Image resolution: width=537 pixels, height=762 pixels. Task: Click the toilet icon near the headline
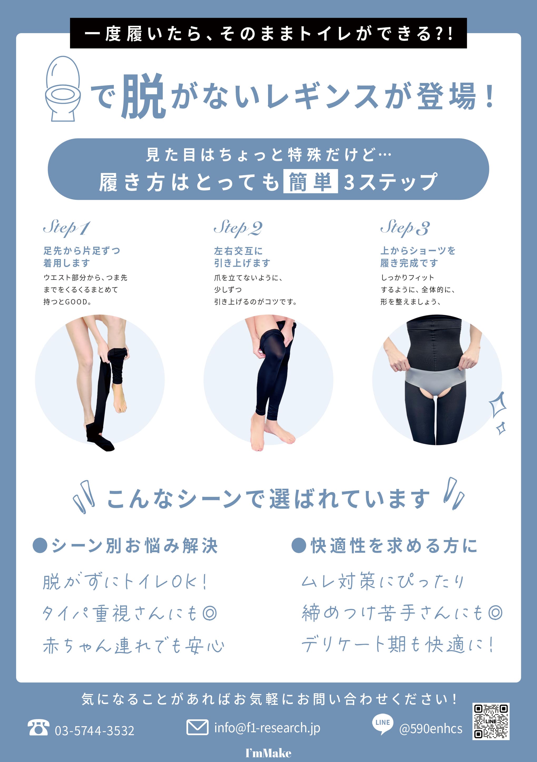coord(63,89)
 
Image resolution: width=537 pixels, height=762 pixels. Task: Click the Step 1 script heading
coord(66,228)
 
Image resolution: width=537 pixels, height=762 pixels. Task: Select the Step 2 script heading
coord(238,228)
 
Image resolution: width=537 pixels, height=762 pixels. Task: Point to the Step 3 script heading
coord(405,228)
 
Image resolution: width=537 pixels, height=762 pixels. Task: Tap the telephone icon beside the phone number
coord(38,728)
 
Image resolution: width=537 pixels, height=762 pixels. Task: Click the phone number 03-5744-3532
coord(95,730)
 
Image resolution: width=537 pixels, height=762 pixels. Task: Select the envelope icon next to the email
coord(198,727)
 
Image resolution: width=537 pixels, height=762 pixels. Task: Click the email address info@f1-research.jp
coord(267,728)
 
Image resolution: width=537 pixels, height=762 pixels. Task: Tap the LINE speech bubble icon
coord(383,724)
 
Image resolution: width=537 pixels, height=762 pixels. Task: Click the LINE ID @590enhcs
coord(430,729)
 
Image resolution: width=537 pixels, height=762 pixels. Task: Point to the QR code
coord(491,721)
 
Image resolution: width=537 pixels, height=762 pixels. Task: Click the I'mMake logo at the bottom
coord(268,753)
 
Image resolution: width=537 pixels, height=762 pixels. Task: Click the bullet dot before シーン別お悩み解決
coord(40,545)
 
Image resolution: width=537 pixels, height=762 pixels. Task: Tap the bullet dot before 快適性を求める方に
coord(298,545)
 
